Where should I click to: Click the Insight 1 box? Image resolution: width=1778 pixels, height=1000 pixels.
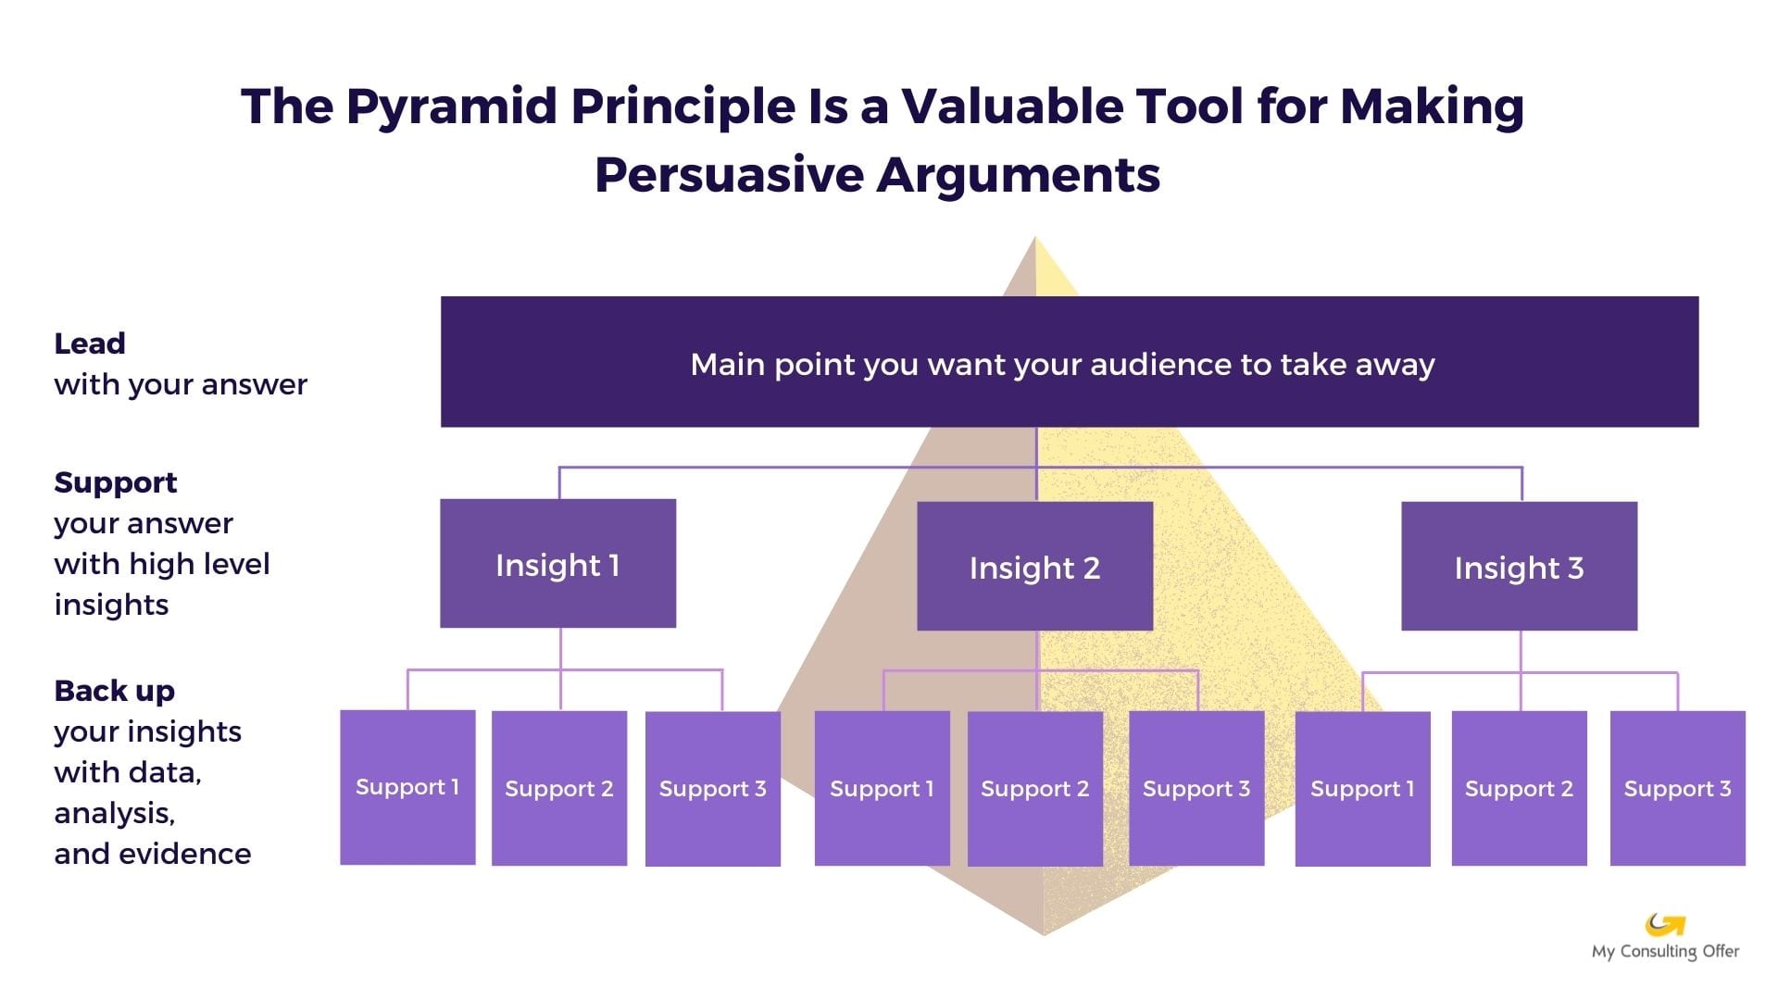point(557,564)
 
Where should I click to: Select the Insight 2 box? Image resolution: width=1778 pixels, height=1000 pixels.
point(1034,567)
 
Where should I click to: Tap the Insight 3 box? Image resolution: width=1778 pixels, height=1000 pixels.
point(1519,567)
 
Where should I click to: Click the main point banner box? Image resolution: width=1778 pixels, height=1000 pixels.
point(1069,362)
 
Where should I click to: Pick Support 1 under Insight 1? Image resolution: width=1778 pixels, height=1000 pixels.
point(407,787)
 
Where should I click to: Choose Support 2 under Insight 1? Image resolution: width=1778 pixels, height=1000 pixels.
point(559,788)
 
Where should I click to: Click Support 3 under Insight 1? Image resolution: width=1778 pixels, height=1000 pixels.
point(712,788)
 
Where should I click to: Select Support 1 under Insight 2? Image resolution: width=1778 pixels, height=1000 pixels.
point(882,788)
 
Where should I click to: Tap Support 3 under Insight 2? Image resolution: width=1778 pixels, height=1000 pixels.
point(1196,788)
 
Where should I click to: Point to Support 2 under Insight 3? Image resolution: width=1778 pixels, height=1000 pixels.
point(1519,788)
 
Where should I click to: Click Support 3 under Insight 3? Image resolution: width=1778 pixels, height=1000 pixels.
point(1677,788)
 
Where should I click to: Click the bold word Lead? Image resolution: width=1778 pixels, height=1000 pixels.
point(90,344)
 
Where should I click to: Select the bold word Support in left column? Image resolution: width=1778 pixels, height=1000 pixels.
point(116,482)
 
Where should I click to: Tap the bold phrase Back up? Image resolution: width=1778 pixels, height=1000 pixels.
point(115,691)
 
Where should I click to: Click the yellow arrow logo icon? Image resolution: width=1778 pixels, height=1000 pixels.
point(1664,924)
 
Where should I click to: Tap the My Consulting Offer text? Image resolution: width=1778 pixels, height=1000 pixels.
point(1665,952)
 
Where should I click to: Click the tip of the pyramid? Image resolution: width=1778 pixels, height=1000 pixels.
point(1035,243)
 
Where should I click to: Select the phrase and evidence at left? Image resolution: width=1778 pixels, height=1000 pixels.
point(153,854)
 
